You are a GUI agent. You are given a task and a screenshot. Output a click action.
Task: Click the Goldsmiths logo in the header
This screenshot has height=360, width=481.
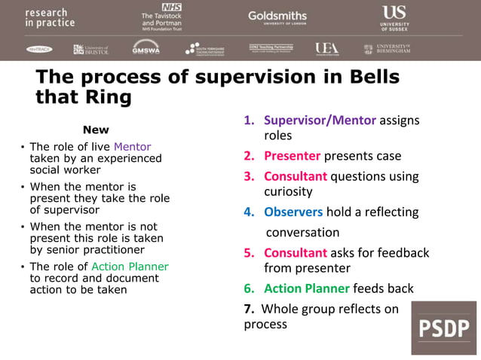[277, 17]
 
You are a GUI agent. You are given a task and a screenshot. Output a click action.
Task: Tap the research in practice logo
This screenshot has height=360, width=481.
[50, 18]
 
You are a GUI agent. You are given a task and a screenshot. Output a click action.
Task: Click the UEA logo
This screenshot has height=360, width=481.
[326, 49]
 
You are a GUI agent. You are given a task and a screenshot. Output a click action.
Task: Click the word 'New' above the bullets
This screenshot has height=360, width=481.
[96, 130]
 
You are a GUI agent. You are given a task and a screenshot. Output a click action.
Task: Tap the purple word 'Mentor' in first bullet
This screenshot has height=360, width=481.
[132, 147]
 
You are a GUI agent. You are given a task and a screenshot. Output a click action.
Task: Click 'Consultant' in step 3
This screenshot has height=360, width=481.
[295, 176]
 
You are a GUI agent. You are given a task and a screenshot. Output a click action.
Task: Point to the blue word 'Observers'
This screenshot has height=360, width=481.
[293, 212]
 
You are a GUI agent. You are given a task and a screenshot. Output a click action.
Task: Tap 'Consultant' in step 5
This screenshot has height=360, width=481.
[295, 253]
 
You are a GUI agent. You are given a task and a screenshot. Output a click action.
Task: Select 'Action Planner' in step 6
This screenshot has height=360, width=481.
[306, 288]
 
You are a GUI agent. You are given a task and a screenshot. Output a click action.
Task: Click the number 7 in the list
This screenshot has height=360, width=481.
[247, 309]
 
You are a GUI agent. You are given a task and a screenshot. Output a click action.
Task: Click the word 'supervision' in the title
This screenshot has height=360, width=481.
[238, 78]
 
